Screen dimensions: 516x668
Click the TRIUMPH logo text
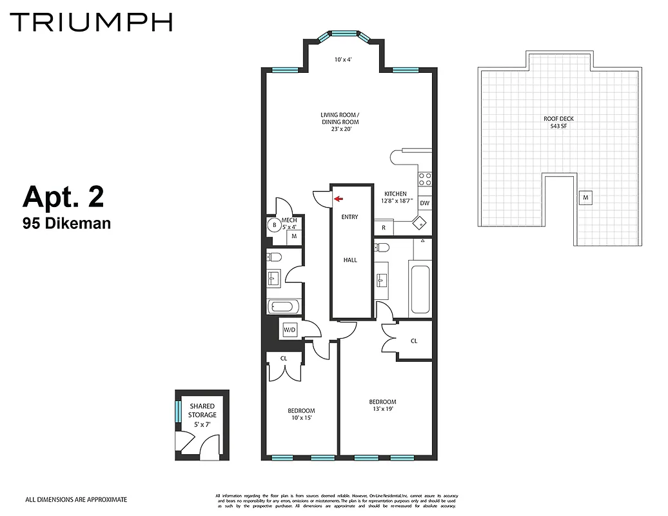pyautogui.click(x=91, y=21)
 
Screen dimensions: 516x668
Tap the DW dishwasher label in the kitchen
pyautogui.click(x=424, y=203)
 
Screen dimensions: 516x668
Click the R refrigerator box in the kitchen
pyautogui.click(x=384, y=228)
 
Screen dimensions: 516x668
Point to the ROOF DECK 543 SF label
pyautogui.click(x=558, y=123)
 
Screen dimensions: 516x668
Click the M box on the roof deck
pyautogui.click(x=585, y=197)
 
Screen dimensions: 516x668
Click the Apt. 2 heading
pyautogui.click(x=63, y=197)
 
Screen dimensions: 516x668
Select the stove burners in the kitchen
pyautogui.click(x=425, y=179)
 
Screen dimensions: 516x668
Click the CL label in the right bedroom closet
pyautogui.click(x=414, y=341)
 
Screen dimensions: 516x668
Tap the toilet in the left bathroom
pyautogui.click(x=274, y=257)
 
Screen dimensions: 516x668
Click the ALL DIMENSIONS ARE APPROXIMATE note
pyautogui.click(x=75, y=499)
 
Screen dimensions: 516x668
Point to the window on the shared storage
pyautogui.click(x=179, y=410)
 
